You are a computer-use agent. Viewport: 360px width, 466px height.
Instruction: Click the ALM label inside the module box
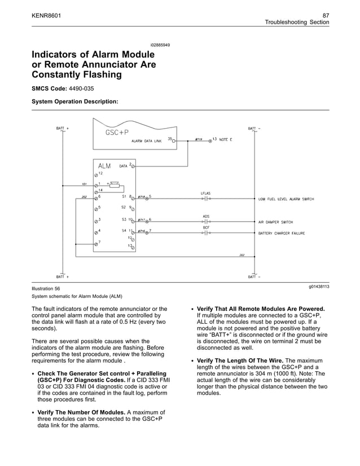104,166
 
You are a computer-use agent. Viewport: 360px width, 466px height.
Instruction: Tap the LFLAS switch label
205,194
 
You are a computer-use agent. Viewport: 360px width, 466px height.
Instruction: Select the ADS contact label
206,217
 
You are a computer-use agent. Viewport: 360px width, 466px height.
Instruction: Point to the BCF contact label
206,227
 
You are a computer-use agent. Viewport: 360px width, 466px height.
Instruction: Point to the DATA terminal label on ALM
123,166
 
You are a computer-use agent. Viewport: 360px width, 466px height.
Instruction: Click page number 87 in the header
326,14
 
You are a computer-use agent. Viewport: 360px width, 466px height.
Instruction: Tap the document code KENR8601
46,14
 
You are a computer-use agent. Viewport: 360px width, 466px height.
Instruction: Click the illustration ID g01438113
319,287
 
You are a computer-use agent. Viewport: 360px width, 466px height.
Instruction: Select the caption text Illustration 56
46,288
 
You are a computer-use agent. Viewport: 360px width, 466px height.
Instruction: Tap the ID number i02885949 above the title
160,45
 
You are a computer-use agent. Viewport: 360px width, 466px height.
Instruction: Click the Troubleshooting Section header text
297,22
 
